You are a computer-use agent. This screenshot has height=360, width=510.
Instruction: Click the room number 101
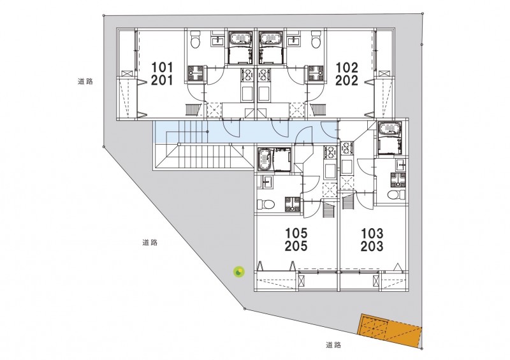pyautogui.click(x=163, y=66)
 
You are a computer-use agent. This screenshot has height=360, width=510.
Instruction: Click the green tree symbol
pyautogui.click(x=238, y=273)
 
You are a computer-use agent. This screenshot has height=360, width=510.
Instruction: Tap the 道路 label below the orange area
pyautogui.click(x=333, y=345)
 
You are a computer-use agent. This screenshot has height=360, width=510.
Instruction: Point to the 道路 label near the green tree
pyautogui.click(x=150, y=243)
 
